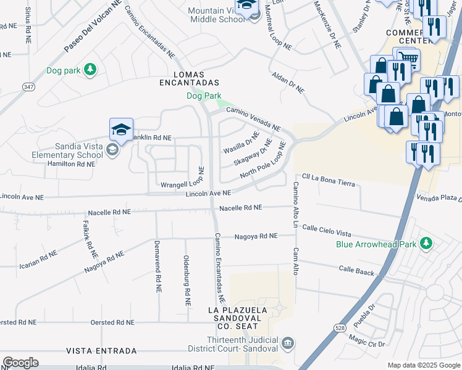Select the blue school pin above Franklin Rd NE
[121, 129]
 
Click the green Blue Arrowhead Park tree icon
[425, 244]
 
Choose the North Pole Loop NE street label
[262, 161]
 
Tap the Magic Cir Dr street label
[366, 340]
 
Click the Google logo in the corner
[20, 363]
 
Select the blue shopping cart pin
[407, 60]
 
